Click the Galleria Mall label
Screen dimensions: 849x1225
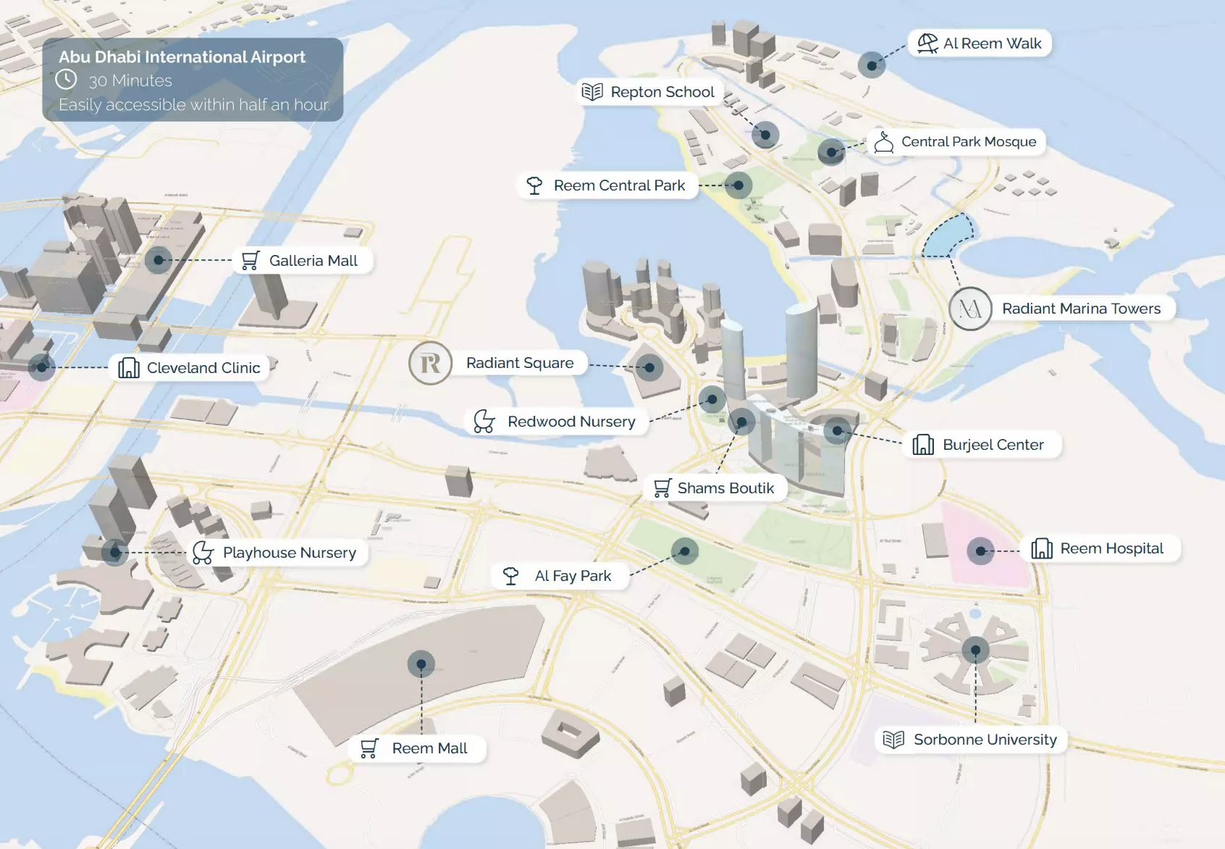coord(313,261)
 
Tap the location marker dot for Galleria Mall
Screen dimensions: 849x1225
coord(159,259)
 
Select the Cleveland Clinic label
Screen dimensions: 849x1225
coord(203,368)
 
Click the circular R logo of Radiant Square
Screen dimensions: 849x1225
coord(431,363)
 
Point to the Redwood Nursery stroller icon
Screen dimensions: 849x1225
coord(484,422)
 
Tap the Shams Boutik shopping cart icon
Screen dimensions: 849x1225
coord(662,488)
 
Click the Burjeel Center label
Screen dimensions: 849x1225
coord(993,445)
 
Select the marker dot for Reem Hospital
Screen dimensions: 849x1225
coord(980,551)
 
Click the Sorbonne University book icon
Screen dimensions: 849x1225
coord(893,740)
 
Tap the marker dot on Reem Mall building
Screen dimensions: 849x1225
coord(421,664)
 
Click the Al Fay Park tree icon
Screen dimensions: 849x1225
coord(510,576)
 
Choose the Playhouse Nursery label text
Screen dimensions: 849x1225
coord(289,553)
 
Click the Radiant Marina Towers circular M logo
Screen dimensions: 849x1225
coord(970,309)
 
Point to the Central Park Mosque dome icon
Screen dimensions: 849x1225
coord(883,142)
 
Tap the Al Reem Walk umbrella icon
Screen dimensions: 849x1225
coord(927,43)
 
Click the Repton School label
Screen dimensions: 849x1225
coord(662,92)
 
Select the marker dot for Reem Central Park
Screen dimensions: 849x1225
coord(738,185)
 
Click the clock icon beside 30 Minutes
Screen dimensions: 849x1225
coord(67,80)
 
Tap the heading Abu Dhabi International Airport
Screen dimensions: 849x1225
coord(182,57)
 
